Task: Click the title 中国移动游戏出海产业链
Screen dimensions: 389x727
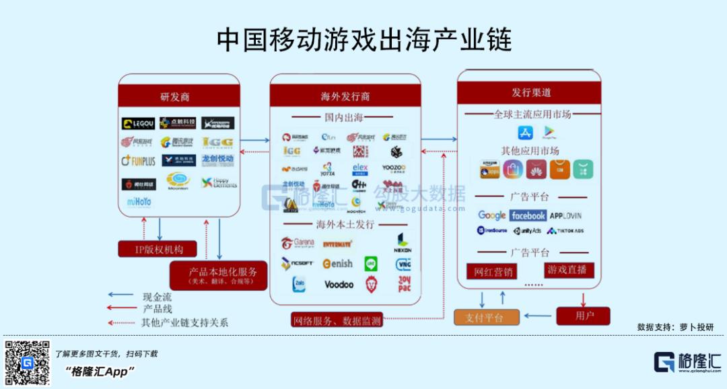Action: click(x=363, y=40)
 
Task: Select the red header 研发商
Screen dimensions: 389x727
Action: click(x=179, y=96)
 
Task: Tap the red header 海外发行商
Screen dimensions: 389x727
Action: click(x=345, y=96)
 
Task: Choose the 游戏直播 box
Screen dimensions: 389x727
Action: click(x=568, y=270)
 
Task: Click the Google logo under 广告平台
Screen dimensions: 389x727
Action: click(x=492, y=215)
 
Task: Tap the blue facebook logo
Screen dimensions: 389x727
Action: click(x=528, y=215)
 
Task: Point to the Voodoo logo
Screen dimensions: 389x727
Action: click(x=339, y=285)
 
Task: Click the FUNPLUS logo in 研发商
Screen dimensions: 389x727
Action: click(x=138, y=161)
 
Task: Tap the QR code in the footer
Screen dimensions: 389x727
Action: click(x=28, y=363)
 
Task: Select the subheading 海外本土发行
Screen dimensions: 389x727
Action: click(x=345, y=224)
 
